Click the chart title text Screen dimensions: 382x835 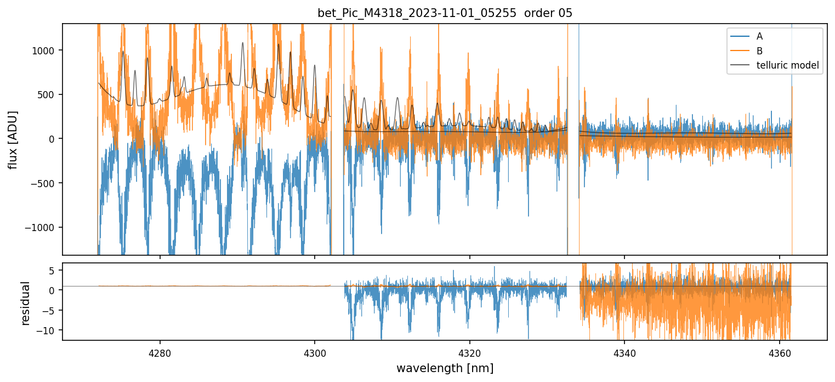click(x=445, y=14)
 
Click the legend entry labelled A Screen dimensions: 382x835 click(x=759, y=36)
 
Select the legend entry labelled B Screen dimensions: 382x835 click(x=759, y=51)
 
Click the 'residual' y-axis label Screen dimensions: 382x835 click(x=25, y=303)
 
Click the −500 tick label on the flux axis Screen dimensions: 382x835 click(x=46, y=183)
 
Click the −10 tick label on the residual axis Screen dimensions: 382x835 click(x=49, y=330)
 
